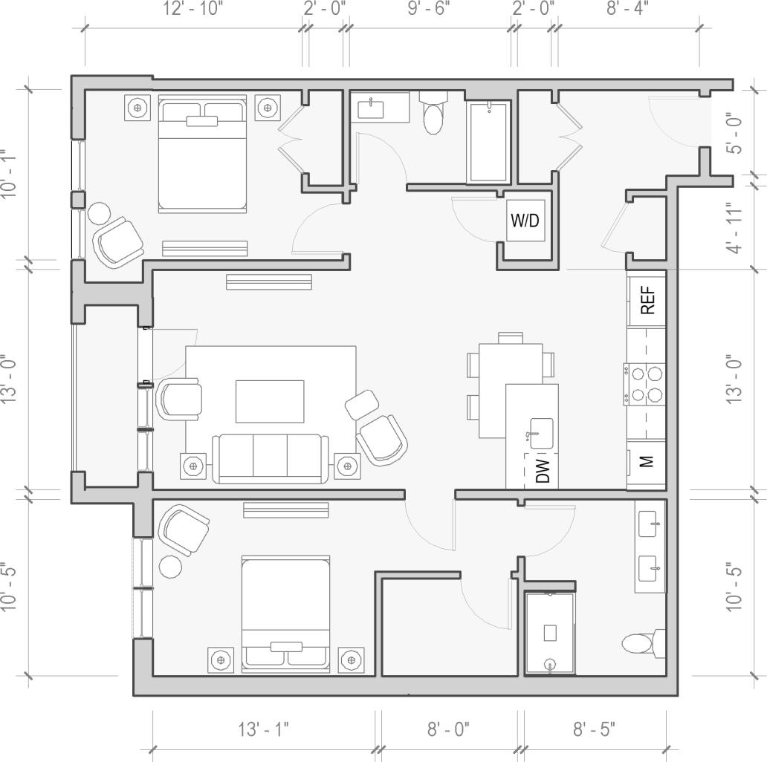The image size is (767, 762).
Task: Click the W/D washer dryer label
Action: (526, 221)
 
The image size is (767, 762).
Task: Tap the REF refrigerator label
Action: (647, 300)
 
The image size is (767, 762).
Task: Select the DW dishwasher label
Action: (543, 471)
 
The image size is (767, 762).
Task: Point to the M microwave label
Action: (647, 462)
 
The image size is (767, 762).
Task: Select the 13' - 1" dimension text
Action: (263, 729)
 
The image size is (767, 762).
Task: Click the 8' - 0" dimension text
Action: (448, 729)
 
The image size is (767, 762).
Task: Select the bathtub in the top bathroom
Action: (489, 142)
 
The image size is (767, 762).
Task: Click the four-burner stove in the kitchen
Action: (644, 384)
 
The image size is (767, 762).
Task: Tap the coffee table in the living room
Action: (270, 401)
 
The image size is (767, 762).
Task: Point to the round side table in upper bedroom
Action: (99, 214)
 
